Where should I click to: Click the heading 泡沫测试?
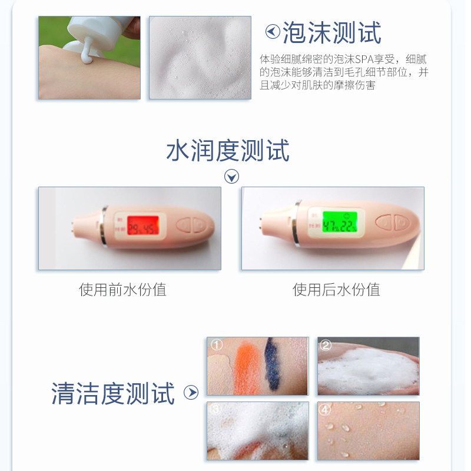[x=332, y=32]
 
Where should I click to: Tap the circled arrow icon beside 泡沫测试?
[x=273, y=32]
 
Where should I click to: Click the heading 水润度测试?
[x=228, y=151]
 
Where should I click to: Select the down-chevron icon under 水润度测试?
[x=232, y=177]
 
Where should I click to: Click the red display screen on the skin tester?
[x=143, y=225]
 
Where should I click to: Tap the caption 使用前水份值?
[x=122, y=290]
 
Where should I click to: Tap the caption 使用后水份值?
[x=336, y=290]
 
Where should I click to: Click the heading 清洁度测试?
[x=113, y=393]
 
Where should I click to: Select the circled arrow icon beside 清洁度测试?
[x=191, y=393]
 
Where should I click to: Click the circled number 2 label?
[x=327, y=346]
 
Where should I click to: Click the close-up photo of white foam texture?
[x=200, y=58]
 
